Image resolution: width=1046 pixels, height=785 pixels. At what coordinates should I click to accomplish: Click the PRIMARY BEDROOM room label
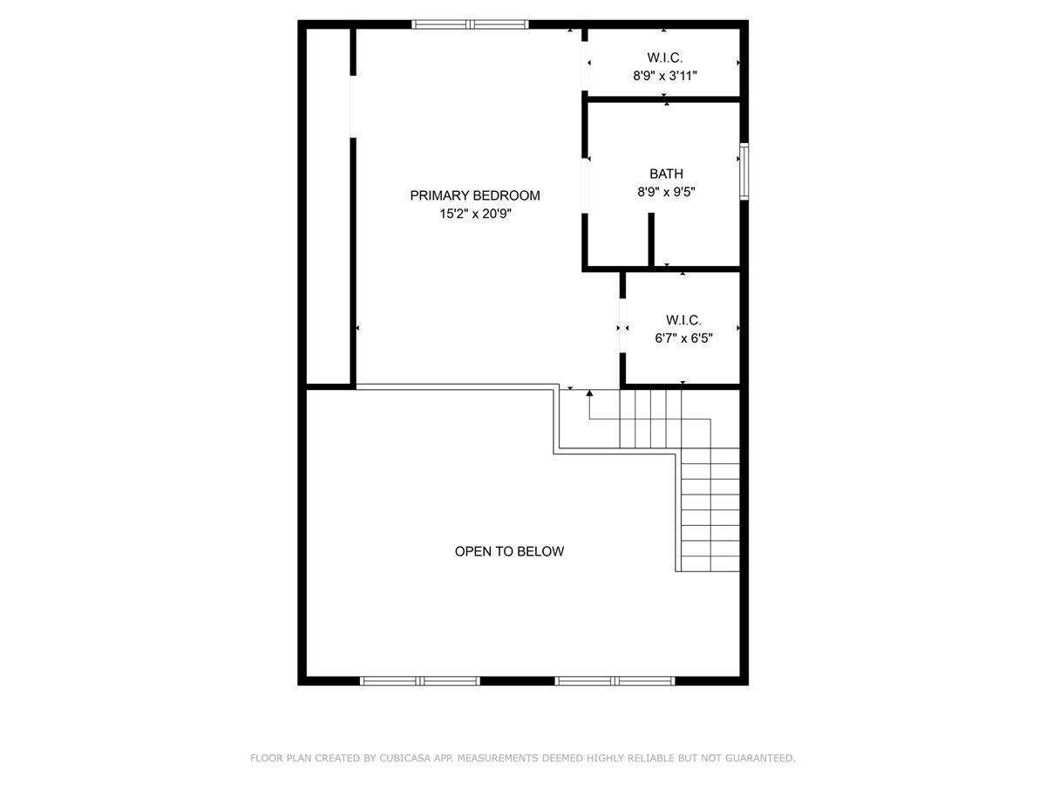tap(475, 195)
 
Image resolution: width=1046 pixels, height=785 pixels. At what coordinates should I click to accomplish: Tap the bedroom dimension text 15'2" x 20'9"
tap(475, 214)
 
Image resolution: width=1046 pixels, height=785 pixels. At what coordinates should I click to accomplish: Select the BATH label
tap(666, 174)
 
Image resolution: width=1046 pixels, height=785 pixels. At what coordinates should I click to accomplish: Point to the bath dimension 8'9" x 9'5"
tap(666, 192)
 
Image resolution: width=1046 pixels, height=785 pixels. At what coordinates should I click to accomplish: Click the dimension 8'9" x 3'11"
tap(665, 76)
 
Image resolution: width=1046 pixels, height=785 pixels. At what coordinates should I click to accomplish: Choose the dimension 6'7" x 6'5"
tap(683, 338)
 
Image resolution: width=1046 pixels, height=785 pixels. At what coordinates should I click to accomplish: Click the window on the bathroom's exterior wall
tap(744, 171)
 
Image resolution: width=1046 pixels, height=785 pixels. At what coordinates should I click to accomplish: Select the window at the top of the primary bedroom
tap(470, 24)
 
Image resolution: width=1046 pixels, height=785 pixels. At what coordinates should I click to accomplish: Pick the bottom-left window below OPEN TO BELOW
tap(420, 680)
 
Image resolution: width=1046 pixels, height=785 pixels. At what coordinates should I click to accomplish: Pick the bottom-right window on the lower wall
tap(615, 680)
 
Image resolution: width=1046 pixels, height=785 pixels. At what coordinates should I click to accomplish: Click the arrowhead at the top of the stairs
tap(590, 394)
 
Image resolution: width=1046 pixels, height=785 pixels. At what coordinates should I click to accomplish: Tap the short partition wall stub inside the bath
tap(651, 239)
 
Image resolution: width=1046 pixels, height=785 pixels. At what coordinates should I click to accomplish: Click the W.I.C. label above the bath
tap(664, 58)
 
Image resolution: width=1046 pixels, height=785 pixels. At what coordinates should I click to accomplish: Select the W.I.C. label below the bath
tap(683, 320)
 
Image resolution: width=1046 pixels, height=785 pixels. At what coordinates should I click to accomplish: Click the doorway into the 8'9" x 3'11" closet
tap(584, 63)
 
